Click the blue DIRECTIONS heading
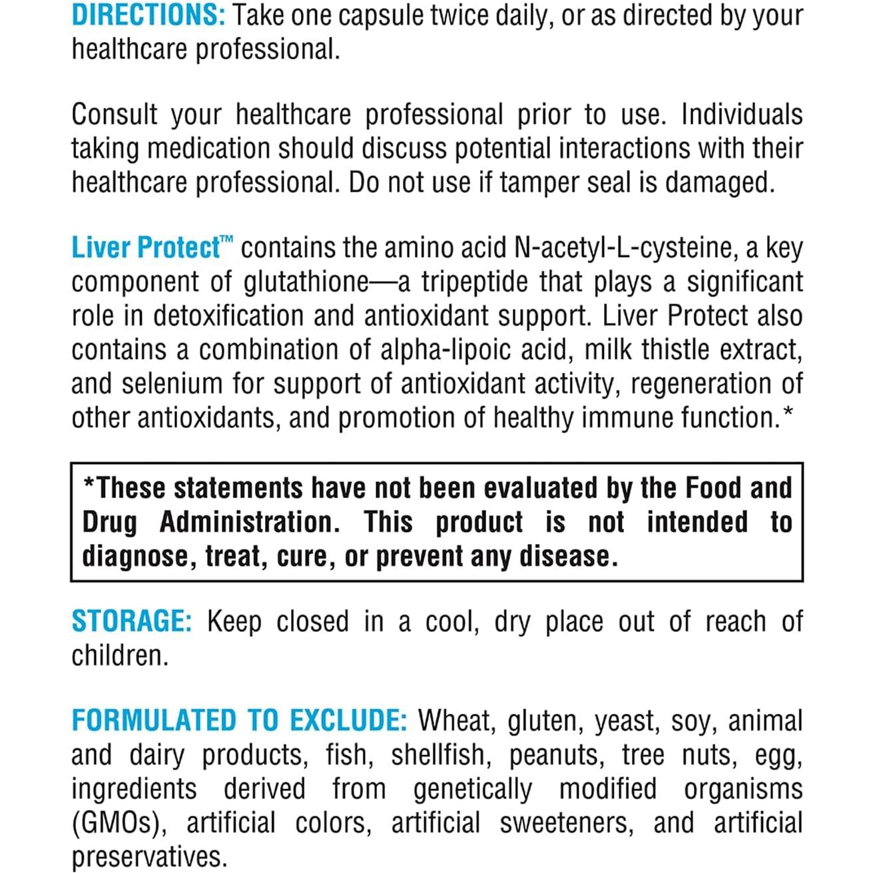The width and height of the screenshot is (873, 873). (x=148, y=15)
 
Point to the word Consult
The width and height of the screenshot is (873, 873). (x=115, y=115)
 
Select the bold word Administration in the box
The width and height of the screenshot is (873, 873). (x=249, y=522)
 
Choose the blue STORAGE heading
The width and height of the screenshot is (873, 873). (x=131, y=621)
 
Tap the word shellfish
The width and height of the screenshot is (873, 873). (x=438, y=755)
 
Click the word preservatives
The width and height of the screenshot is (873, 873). (x=148, y=857)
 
